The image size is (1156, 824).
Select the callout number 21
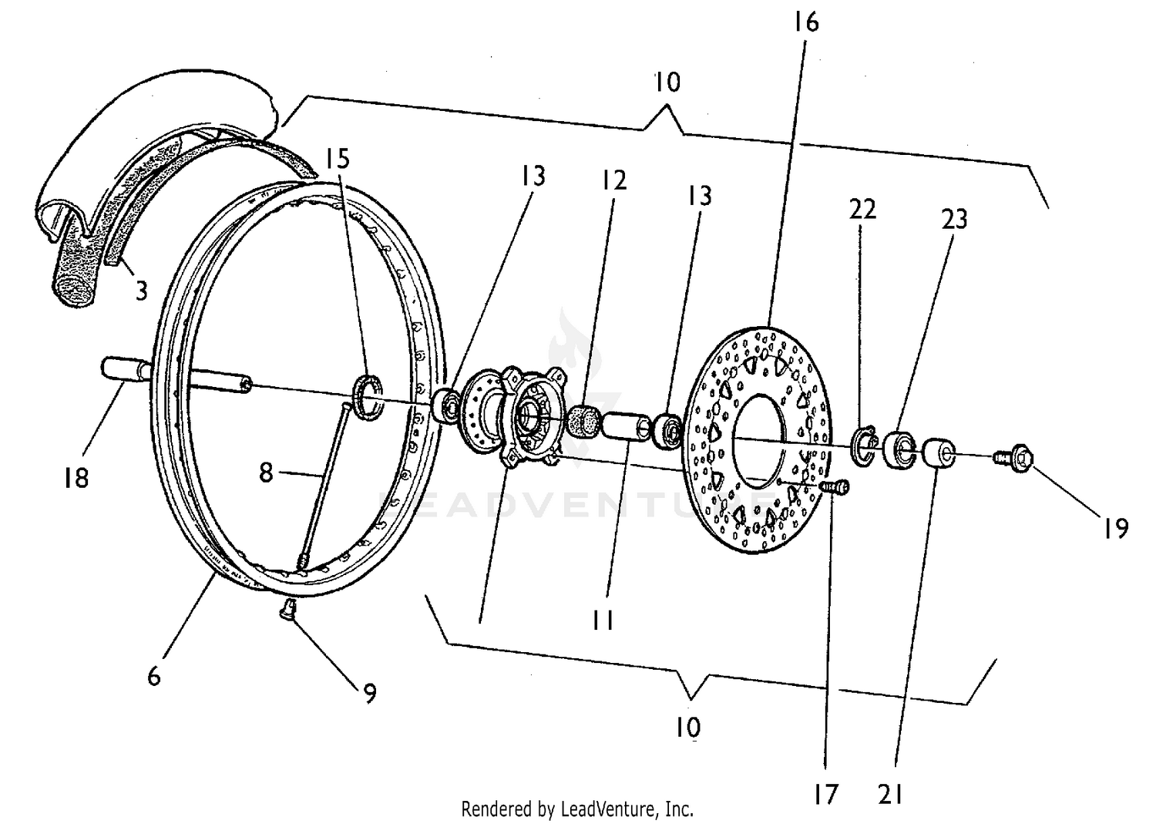pyautogui.click(x=890, y=793)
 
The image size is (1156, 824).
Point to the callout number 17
pyautogui.click(x=825, y=793)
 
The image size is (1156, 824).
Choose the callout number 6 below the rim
pyautogui.click(x=154, y=676)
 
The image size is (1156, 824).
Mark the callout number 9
pyautogui.click(x=370, y=694)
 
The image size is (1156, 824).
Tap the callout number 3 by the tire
pyautogui.click(x=141, y=291)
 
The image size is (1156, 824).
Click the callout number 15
pyautogui.click(x=337, y=159)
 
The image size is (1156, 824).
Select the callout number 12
pyautogui.click(x=614, y=180)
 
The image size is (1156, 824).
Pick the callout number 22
pyautogui.click(x=863, y=209)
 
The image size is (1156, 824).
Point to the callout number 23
pyautogui.click(x=954, y=220)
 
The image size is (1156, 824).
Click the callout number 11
pyautogui.click(x=603, y=619)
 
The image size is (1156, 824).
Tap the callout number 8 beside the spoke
pyautogui.click(x=266, y=472)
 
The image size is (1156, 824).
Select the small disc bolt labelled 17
pyautogui.click(x=837, y=487)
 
